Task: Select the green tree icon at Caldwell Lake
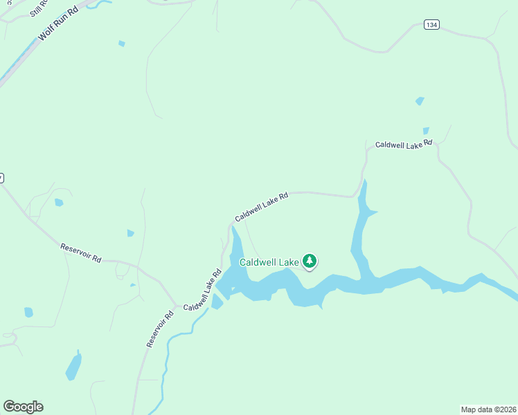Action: pos(310,261)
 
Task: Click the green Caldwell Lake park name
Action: pos(269,262)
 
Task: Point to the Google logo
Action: pos(23,407)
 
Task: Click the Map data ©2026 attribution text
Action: pos(488,409)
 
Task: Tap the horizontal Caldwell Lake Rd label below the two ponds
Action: pos(403,145)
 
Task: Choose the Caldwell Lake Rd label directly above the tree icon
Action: pos(261,207)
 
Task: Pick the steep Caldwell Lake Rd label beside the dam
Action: pos(202,289)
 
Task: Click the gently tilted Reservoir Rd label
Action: pos(81,252)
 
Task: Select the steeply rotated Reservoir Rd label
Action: pos(159,329)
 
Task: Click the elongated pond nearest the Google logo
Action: pos(73,366)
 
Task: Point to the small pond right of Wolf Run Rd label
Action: pos(122,44)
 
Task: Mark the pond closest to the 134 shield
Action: pos(420,101)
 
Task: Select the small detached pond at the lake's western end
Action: pos(217,302)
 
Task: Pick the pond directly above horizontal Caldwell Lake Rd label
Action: pos(426,130)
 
